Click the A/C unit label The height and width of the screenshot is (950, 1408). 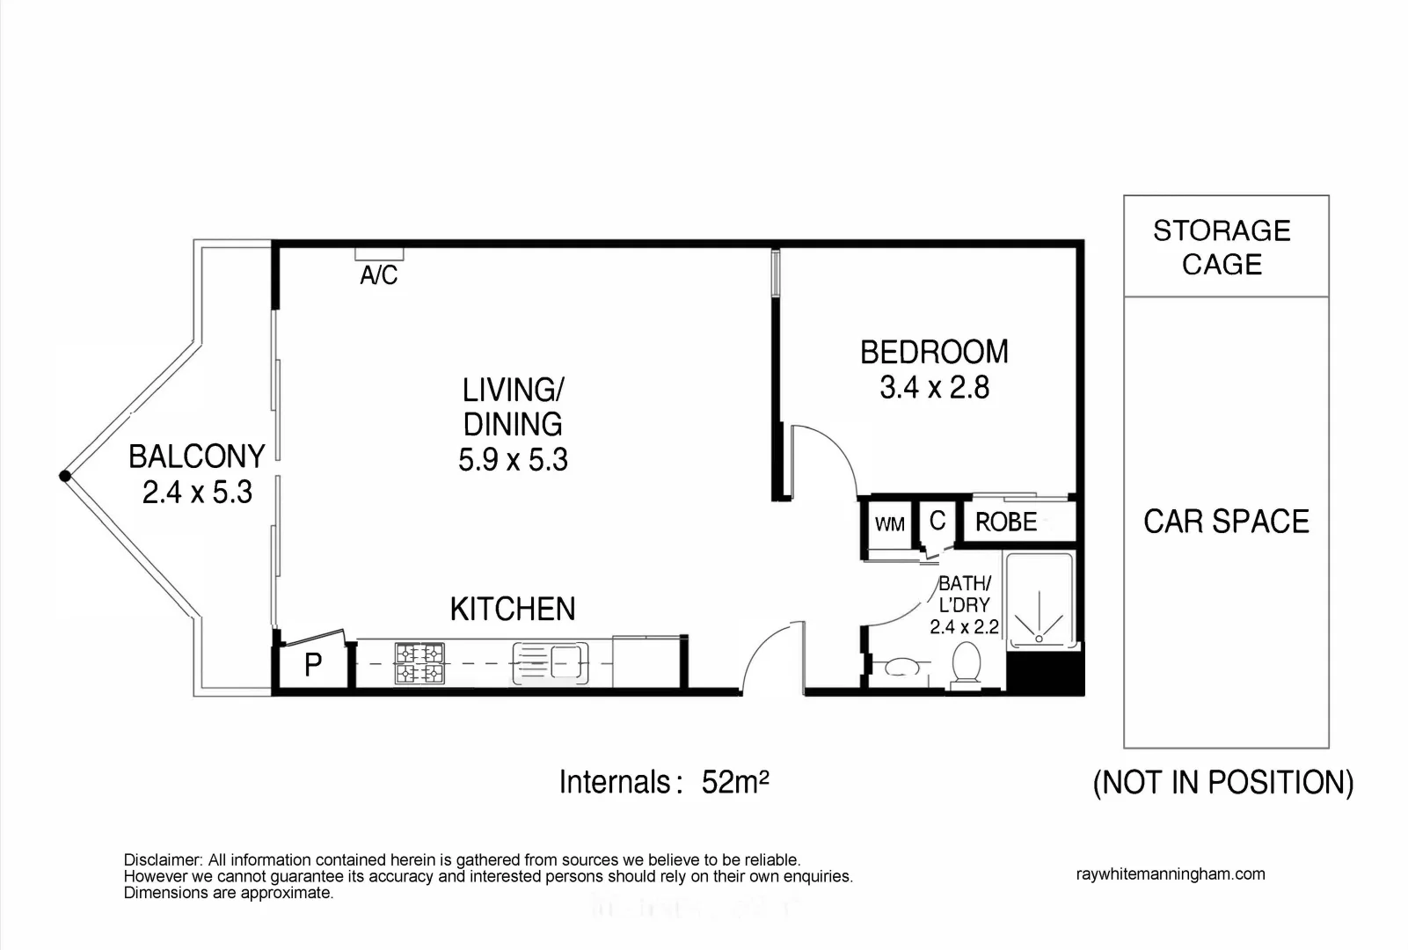(x=379, y=275)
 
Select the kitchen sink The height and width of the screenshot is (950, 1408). (x=551, y=663)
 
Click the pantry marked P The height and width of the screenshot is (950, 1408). (x=312, y=665)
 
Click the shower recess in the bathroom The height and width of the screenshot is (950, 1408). (x=1040, y=601)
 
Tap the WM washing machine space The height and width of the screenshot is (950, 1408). (x=889, y=525)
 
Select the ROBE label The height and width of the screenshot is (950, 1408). (x=1006, y=522)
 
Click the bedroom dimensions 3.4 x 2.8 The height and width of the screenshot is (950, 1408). (x=934, y=388)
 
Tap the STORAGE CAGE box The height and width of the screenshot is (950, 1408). (x=1225, y=246)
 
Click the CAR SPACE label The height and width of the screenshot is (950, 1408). (x=1226, y=522)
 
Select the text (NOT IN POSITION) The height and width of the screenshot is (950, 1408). (x=1222, y=782)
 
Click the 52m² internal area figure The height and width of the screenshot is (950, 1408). (x=735, y=782)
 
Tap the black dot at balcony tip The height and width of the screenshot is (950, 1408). (x=64, y=476)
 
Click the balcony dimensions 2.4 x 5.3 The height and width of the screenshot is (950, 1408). (x=197, y=493)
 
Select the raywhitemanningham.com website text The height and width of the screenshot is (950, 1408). (x=1170, y=874)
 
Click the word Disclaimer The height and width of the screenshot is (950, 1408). (x=163, y=860)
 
